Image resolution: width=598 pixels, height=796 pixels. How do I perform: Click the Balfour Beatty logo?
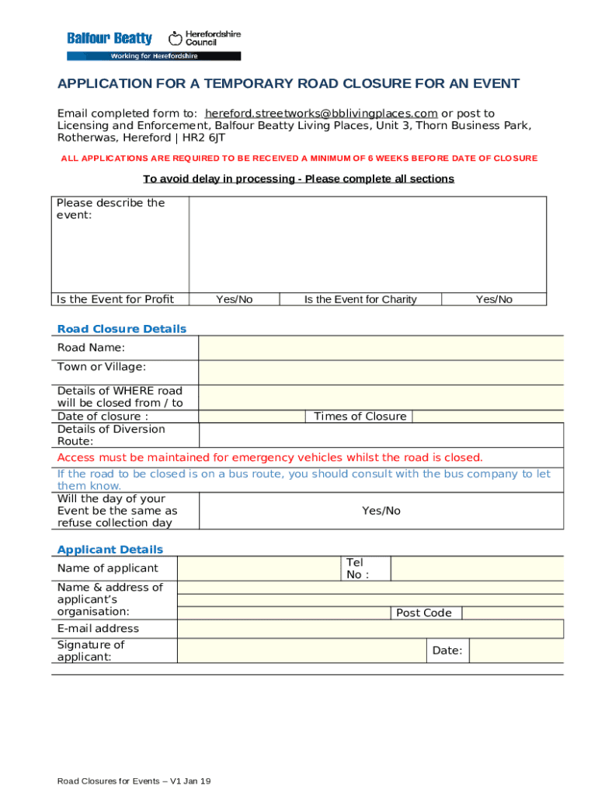point(110,39)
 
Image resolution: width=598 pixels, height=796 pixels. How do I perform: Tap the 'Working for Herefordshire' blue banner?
point(154,56)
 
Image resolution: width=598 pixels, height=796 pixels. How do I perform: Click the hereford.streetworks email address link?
point(321,113)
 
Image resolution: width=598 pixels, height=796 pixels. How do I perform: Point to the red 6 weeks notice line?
point(299,159)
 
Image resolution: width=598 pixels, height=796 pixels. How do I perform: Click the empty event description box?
point(367,243)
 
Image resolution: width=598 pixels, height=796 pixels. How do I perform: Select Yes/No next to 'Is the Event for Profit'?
point(234,299)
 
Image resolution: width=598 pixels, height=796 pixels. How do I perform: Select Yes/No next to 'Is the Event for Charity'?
point(494,299)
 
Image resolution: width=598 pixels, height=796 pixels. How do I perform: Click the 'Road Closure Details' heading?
point(122,329)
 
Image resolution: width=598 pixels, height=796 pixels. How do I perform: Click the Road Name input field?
point(381,347)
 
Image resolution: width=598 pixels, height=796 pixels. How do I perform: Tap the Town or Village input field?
point(381,372)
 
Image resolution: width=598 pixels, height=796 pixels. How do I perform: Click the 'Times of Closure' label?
point(360,417)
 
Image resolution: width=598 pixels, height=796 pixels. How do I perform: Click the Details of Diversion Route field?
point(381,435)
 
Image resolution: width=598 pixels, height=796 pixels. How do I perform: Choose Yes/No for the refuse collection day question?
point(381,511)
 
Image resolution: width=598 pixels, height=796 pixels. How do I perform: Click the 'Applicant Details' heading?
point(110,550)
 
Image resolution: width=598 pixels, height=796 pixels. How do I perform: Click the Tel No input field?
point(476,568)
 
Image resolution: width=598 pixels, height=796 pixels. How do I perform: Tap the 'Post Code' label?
point(423,613)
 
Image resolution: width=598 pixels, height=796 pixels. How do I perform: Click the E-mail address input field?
point(370,628)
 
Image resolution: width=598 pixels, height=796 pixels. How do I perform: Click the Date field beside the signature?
point(516,651)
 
